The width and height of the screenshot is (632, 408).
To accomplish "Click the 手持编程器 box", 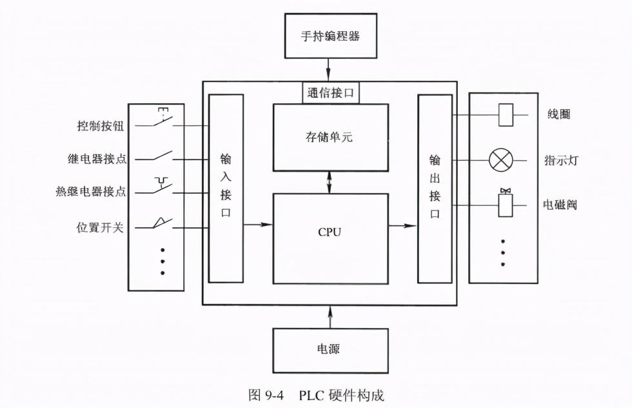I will (330, 36).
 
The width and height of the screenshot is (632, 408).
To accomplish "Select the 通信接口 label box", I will (331, 93).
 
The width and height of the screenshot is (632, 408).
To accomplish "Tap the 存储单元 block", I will (330, 137).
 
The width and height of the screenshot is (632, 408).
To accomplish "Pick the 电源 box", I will (330, 350).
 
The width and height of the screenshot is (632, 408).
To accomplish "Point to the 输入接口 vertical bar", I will (226, 188).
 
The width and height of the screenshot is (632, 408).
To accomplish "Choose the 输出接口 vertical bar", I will (435, 188).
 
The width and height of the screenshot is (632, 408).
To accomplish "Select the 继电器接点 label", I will (97, 159).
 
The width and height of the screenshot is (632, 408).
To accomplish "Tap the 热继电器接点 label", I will (91, 192).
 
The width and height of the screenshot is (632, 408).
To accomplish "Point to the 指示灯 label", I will (560, 160).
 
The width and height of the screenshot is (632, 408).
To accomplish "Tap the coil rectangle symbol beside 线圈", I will (506, 115).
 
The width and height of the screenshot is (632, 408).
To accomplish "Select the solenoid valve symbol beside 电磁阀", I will (506, 203).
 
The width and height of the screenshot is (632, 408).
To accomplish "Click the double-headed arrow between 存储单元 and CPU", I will (330, 182).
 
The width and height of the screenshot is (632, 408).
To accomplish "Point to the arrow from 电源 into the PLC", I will (330, 316).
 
